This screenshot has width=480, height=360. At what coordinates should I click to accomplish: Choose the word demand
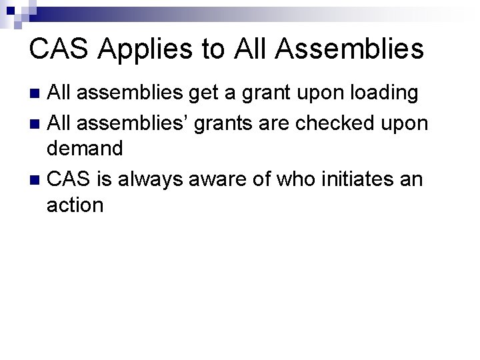point(85,149)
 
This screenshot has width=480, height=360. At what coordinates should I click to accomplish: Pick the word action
point(75,205)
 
